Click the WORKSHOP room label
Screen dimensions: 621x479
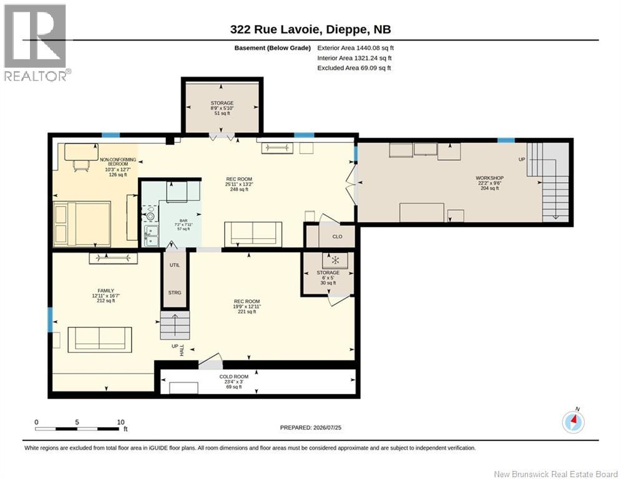click(489, 178)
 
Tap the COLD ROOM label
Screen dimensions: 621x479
click(233, 377)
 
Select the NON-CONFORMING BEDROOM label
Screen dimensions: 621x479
click(118, 162)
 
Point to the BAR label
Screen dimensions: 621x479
click(183, 221)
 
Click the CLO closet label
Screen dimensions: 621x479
click(337, 237)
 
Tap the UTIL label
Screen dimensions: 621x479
click(175, 265)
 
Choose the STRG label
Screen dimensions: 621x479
click(175, 293)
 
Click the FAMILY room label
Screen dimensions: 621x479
click(105, 291)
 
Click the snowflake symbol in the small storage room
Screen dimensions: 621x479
click(335, 260)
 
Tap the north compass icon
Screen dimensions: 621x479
click(573, 422)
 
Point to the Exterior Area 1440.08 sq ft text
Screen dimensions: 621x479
click(355, 48)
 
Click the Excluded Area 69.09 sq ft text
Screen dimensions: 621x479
click(354, 68)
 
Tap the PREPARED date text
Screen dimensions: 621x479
click(311, 427)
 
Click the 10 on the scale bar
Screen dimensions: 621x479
click(121, 422)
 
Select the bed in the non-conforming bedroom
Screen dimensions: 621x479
click(82, 224)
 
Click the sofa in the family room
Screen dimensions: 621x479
click(100, 340)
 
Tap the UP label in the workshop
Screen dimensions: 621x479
click(522, 159)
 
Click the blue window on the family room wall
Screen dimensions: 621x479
click(50, 320)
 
